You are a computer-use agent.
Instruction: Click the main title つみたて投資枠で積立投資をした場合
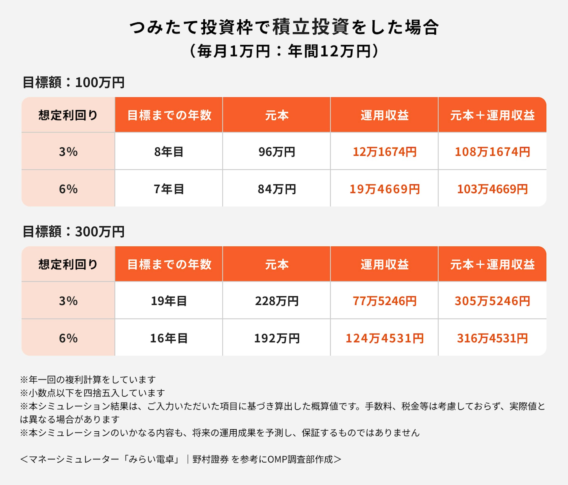pyautogui.click(x=284, y=27)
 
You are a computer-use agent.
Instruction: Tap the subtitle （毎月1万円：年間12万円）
pyautogui.click(x=284, y=51)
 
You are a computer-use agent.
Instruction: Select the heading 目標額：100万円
pyautogui.click(x=74, y=83)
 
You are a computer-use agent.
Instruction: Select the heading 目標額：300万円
pyautogui.click(x=74, y=232)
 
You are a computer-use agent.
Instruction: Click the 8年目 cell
pyautogui.click(x=169, y=152)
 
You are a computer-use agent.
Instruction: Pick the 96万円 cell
pyautogui.click(x=277, y=152)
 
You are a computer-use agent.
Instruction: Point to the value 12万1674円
pyautogui.click(x=384, y=152)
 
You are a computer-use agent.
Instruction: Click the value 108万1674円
pyautogui.click(x=492, y=152)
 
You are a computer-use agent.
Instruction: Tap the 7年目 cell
pyautogui.click(x=169, y=189)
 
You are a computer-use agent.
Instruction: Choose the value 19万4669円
pyautogui.click(x=384, y=189)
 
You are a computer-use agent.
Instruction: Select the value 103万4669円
pyautogui.click(x=492, y=189)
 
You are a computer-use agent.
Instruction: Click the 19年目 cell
pyautogui.click(x=169, y=301)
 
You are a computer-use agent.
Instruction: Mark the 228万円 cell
pyautogui.click(x=277, y=301)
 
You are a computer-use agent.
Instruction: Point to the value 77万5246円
pyautogui.click(x=384, y=301)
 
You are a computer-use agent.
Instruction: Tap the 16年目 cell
pyautogui.click(x=169, y=338)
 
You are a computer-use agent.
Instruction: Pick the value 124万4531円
pyautogui.click(x=384, y=338)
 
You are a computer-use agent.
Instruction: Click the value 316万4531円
pyautogui.click(x=492, y=338)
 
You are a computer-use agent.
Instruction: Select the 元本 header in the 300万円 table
pyautogui.click(x=277, y=264)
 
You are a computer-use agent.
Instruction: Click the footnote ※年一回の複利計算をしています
pyautogui.click(x=88, y=379)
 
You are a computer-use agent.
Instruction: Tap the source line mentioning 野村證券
pyautogui.click(x=180, y=459)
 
